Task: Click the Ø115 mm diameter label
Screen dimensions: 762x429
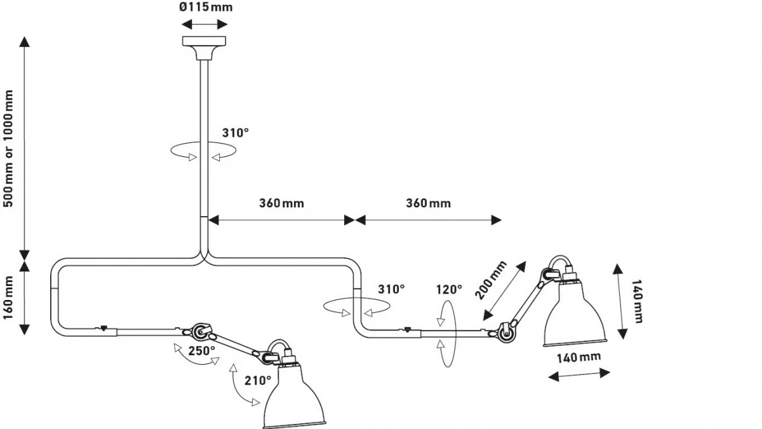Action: (x=206, y=7)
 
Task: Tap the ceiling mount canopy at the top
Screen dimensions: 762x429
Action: (x=204, y=48)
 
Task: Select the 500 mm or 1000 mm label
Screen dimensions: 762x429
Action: (x=8, y=149)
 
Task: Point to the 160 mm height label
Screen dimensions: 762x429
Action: (x=8, y=297)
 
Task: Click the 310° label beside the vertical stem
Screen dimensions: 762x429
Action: (x=236, y=133)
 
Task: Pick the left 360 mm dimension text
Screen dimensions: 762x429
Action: (x=281, y=203)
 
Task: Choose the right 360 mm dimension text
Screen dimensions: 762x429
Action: (x=428, y=203)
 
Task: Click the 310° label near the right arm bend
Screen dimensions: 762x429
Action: (x=391, y=289)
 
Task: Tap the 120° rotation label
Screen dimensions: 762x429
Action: (x=449, y=289)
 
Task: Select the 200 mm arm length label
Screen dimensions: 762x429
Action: (x=491, y=280)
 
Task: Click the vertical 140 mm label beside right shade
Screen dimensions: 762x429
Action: (x=637, y=301)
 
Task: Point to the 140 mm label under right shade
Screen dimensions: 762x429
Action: (x=578, y=357)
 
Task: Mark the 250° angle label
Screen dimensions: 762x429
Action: (x=202, y=351)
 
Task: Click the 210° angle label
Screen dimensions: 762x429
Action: (x=258, y=380)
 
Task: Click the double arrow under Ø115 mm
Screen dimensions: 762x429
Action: (x=204, y=24)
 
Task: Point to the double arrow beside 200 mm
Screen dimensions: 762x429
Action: (x=504, y=291)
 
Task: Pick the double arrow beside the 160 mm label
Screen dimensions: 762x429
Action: (x=24, y=298)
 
